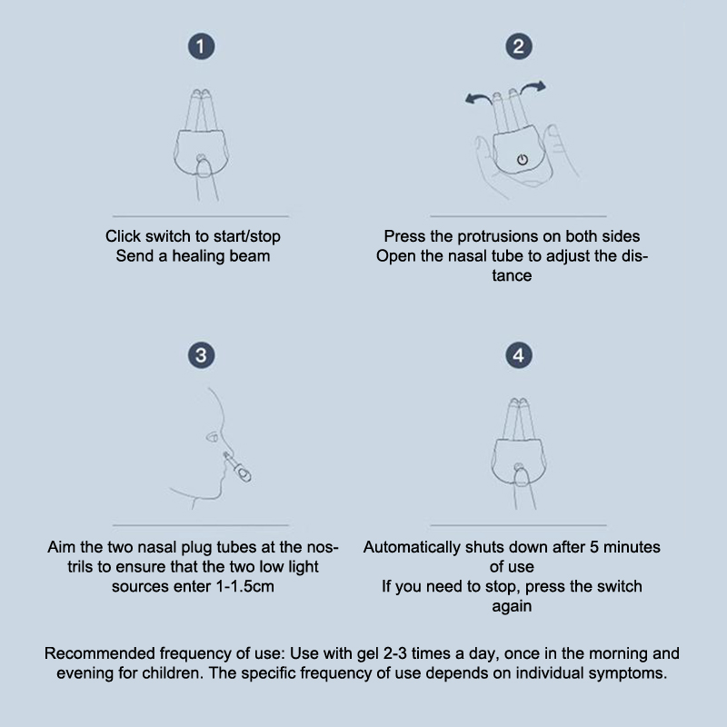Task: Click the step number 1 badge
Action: tap(201, 46)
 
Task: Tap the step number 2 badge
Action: tap(519, 46)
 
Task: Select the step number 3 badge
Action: tap(201, 355)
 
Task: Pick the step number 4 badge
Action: tap(519, 355)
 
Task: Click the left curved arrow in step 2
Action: tap(478, 97)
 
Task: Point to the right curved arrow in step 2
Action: tap(533, 86)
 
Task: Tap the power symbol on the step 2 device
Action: tap(523, 160)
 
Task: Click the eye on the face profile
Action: tap(213, 437)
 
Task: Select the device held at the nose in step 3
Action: tap(237, 467)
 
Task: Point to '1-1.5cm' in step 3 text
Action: tap(245, 586)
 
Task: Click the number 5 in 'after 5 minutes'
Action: tap(594, 547)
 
